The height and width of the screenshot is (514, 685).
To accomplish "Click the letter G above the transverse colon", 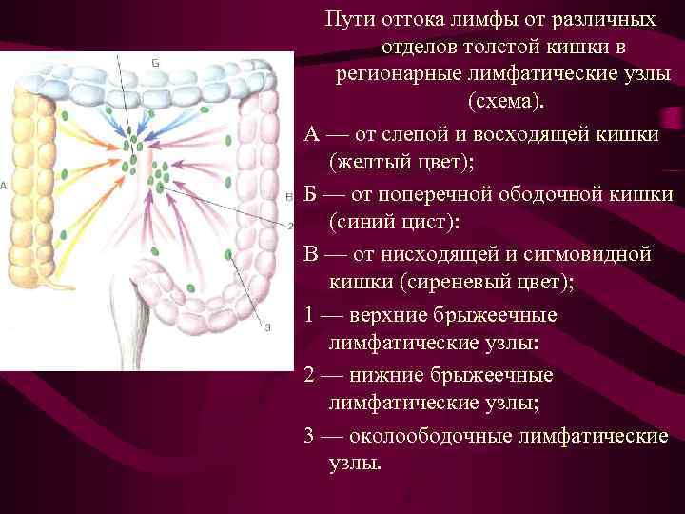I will pyautogui.click(x=155, y=62).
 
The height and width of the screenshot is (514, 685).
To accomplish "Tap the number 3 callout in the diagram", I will pyautogui.click(x=268, y=326).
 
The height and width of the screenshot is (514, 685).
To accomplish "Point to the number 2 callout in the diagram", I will pyautogui.click(x=289, y=226).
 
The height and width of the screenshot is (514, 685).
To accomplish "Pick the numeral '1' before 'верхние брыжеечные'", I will pyautogui.click(x=310, y=315).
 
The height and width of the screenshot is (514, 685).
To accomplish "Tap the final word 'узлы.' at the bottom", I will pyautogui.click(x=354, y=464).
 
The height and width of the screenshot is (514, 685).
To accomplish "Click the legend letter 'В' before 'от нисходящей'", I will pyautogui.click(x=311, y=254).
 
